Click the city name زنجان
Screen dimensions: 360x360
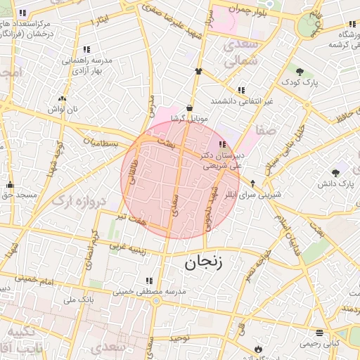click(203, 263)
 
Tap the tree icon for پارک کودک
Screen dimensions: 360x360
click(300, 72)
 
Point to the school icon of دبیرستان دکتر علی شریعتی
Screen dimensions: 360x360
click(223, 144)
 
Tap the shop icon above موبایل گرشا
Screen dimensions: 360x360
click(190, 108)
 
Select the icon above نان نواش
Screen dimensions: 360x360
click(62, 99)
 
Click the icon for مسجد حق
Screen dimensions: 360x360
click(10, 185)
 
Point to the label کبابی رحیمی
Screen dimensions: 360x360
click(320, 344)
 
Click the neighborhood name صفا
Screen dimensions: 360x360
click(267, 130)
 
